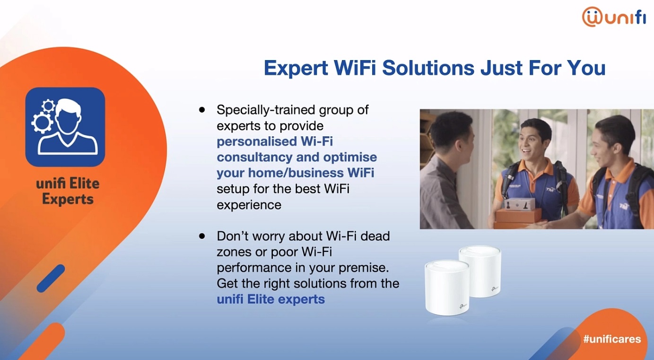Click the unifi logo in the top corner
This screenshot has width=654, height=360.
(x=614, y=17)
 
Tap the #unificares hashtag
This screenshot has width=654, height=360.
(x=612, y=339)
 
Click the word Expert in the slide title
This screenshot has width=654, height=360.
(x=296, y=68)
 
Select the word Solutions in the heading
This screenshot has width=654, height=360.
(x=428, y=68)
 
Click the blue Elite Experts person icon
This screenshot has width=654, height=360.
(x=65, y=127)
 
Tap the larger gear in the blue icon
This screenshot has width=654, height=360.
(x=42, y=123)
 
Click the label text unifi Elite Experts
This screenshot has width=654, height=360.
(x=68, y=191)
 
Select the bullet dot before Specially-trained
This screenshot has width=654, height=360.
(x=202, y=110)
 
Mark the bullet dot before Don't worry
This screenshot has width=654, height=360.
(x=202, y=236)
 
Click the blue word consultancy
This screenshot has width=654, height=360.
(x=254, y=158)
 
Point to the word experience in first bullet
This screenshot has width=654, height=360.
(x=249, y=205)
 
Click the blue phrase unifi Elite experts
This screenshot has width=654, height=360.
(x=270, y=299)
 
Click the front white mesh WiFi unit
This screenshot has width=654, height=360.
(x=447, y=288)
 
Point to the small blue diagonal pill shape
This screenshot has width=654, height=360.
(x=51, y=278)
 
